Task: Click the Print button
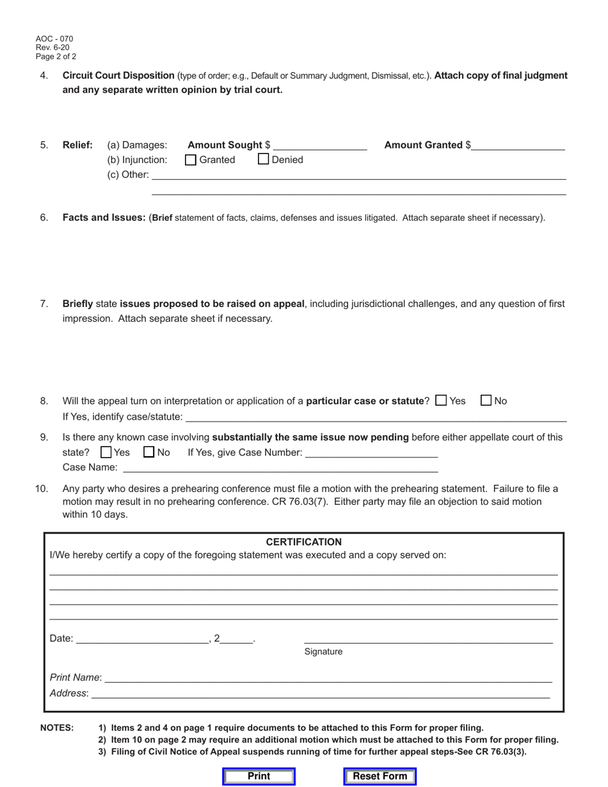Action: pos(259,776)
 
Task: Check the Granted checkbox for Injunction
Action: pos(191,160)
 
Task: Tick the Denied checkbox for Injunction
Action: pos(264,159)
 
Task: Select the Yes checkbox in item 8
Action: pos(441,401)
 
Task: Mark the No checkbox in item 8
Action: pos(486,401)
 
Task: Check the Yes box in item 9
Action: pos(107,452)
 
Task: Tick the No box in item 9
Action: pos(149,452)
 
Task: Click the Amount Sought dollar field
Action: pos(319,146)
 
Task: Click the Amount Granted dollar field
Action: pos(518,146)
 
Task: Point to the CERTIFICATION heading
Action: pos(303,542)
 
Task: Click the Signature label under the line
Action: pos(323,651)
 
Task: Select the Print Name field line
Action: pos(327,677)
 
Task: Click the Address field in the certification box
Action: pos(320,693)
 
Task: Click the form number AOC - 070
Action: pos(54,39)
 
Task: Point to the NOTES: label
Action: pos(57,727)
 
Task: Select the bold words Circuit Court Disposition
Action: pos(118,76)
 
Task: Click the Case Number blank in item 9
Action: pos(371,452)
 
